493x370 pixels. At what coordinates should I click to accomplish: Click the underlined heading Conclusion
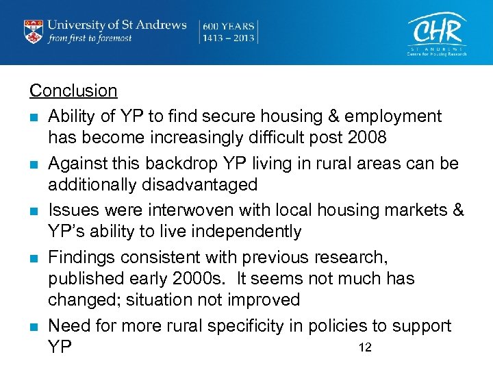pos(73,90)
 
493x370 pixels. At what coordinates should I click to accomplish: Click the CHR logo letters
pos(436,29)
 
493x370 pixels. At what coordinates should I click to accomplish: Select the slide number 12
pos(364,347)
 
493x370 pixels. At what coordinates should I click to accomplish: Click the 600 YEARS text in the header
pos(228,25)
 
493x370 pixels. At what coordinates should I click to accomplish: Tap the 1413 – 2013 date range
pos(228,38)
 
